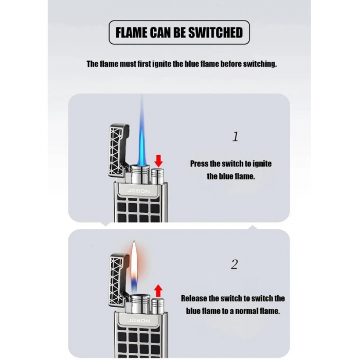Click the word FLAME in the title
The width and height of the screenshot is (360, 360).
tap(131, 32)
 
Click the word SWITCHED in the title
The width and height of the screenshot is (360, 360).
tap(215, 32)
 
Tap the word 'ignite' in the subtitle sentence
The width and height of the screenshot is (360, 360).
tap(162, 64)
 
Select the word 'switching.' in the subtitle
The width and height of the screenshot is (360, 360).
tap(260, 64)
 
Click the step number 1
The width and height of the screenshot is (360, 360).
tap(236, 137)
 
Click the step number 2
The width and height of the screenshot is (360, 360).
tap(235, 264)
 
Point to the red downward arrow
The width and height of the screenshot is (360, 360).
tap(158, 160)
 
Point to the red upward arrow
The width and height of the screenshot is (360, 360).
tap(158, 291)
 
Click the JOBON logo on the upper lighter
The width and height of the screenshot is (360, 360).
tap(138, 191)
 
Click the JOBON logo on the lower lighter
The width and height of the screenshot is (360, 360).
tap(138, 320)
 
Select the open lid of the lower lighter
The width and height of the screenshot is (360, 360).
tap(117, 280)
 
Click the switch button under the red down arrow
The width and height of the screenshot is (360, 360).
tap(157, 176)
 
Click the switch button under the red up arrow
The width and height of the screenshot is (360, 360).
tap(158, 306)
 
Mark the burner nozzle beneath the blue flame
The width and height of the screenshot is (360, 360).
tap(140, 174)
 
